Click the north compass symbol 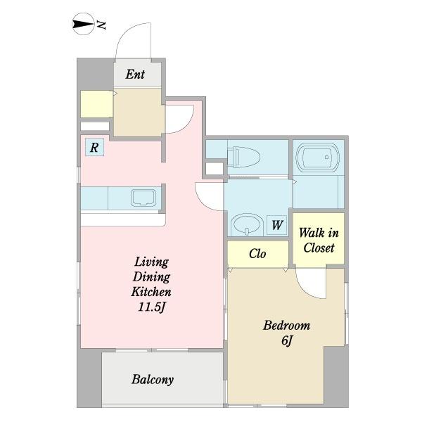point(84,24)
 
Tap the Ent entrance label point(135,75)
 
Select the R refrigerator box point(94,147)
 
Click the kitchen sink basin point(143,198)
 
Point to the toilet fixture point(243,157)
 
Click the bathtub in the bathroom point(318,158)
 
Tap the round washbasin point(248,224)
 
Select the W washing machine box point(277,225)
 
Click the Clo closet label point(257,253)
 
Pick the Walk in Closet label point(319,241)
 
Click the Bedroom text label point(287,326)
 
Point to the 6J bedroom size point(287,340)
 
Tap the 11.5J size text point(151,307)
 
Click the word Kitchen point(151,292)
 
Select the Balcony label point(153,380)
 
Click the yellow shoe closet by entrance point(96,104)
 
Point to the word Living point(151,262)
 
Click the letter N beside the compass point(101,25)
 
